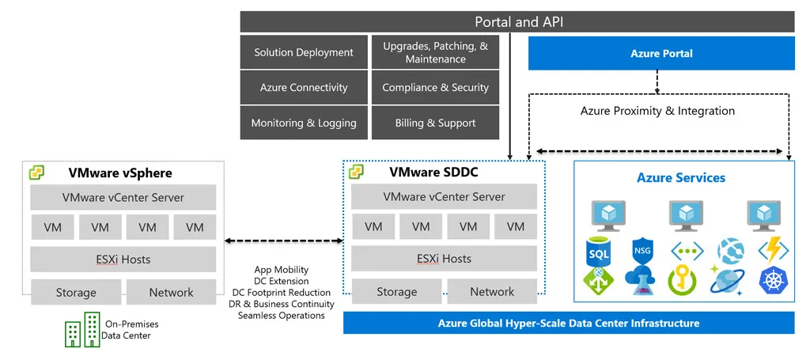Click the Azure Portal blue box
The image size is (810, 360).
(x=661, y=54)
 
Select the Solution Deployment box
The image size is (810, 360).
(x=304, y=52)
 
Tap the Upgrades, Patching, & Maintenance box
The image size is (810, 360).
(x=435, y=52)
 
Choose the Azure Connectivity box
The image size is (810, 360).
(x=304, y=88)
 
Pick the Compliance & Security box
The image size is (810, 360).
(x=435, y=88)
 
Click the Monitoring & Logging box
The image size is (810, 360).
(x=304, y=123)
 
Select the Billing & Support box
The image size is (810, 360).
(x=435, y=123)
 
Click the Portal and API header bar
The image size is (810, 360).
(x=518, y=21)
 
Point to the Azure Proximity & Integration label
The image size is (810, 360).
(x=657, y=111)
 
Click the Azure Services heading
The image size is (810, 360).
(x=680, y=178)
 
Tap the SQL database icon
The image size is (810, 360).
(x=598, y=254)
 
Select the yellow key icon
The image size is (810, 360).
(x=682, y=279)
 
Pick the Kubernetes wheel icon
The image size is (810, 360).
(x=772, y=280)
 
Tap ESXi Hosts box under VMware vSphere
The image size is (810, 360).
(x=123, y=259)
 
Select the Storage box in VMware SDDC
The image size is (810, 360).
(x=396, y=292)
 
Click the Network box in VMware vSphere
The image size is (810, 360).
(x=171, y=292)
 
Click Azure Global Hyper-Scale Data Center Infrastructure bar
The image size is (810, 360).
(x=568, y=323)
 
